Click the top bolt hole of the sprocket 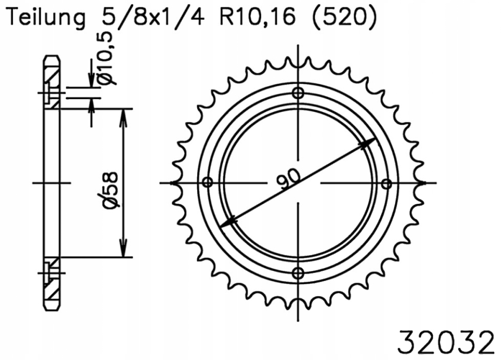pyautogui.click(x=298, y=93)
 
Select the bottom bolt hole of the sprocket pyautogui.click(x=298, y=273)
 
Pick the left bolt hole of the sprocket pyautogui.click(x=208, y=183)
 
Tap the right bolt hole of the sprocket pyautogui.click(x=388, y=183)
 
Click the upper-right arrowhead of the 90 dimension pyautogui.click(x=368, y=142)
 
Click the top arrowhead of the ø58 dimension pyautogui.click(x=124, y=115)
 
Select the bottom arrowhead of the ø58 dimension pyautogui.click(x=124, y=251)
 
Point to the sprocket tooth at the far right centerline pyautogui.click(x=424, y=183)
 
